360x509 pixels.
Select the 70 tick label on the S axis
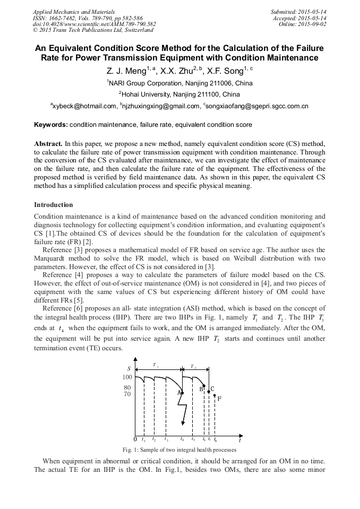pos(127,394)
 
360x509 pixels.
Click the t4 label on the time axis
pos(182,439)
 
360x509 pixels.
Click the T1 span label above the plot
pos(156,365)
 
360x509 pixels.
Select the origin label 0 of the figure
pos(135,439)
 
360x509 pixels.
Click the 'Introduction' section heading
pos(54,204)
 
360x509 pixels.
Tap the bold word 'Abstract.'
pos(48,144)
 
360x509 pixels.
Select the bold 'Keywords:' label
pos(51,125)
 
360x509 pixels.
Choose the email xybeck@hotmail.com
pos(84,106)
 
